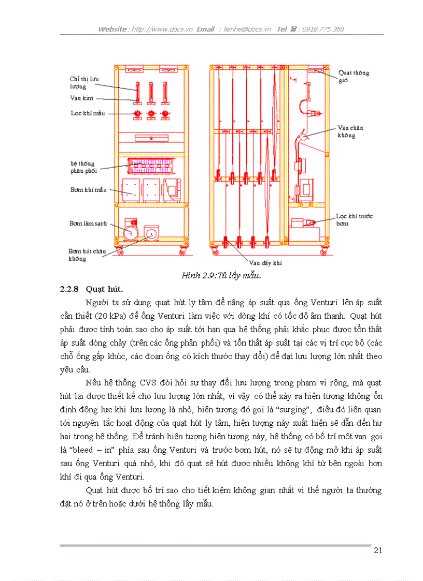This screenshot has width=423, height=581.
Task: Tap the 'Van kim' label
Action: (x=78, y=98)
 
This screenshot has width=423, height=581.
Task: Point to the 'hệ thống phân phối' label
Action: (x=83, y=167)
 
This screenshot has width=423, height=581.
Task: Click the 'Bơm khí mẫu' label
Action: (x=88, y=190)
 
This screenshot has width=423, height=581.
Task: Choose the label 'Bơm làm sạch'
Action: (x=88, y=223)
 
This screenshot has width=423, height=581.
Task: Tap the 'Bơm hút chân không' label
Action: (x=87, y=255)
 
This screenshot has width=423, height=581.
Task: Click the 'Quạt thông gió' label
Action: (x=354, y=77)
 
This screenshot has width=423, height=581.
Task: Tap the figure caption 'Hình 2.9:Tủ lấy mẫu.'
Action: (x=221, y=275)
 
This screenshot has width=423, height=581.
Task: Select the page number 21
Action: (x=377, y=550)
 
